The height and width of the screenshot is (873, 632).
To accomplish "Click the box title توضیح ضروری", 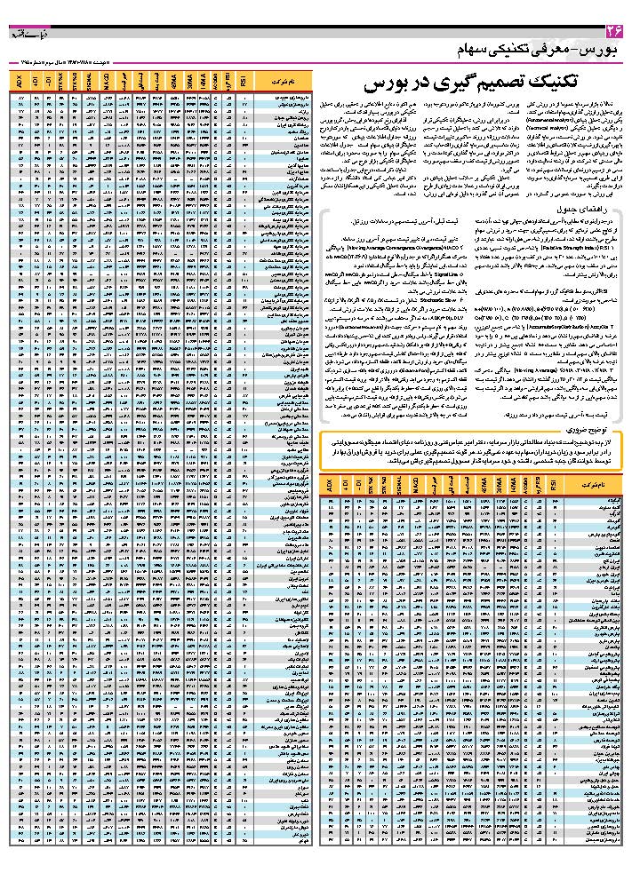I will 595,430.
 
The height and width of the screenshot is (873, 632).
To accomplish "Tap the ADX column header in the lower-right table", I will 329,488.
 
